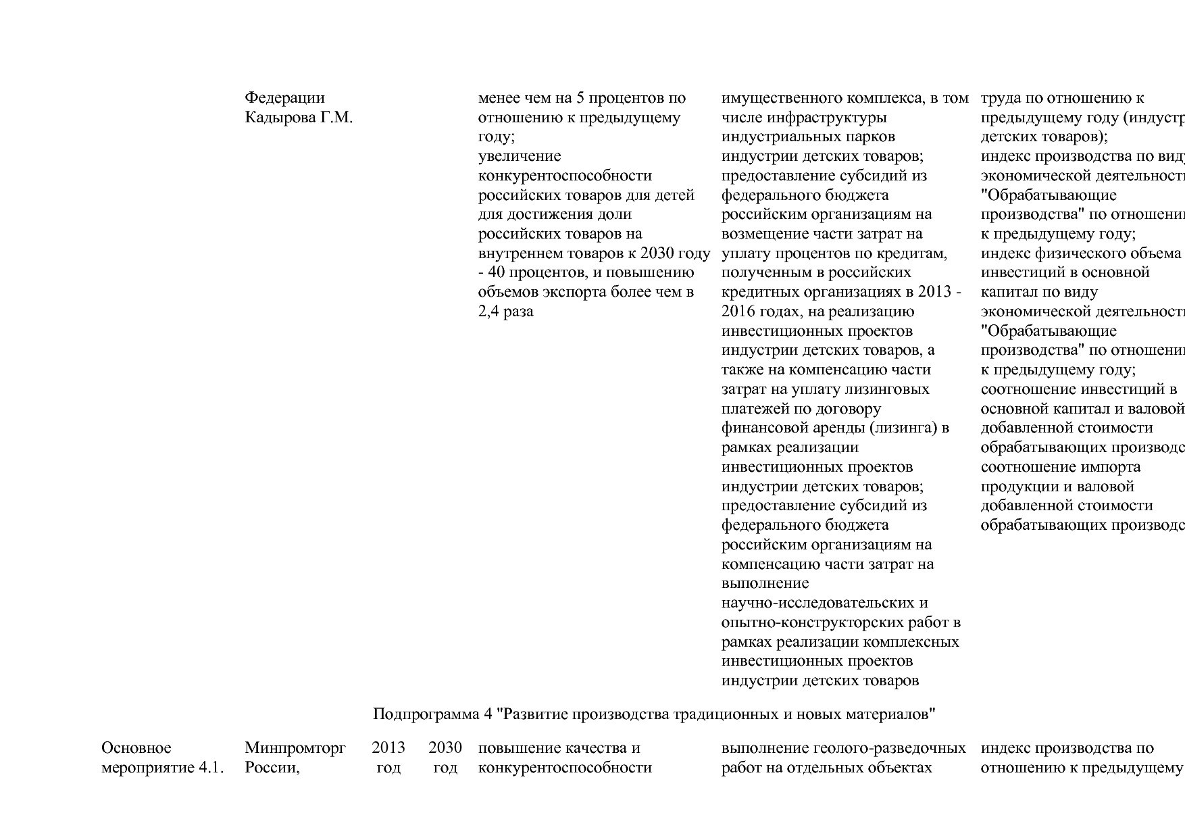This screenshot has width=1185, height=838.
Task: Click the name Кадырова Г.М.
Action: (x=299, y=118)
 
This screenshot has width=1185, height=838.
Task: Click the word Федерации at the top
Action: (x=284, y=98)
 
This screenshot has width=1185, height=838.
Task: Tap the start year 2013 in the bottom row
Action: (x=388, y=748)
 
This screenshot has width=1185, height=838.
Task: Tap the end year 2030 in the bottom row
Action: (x=445, y=748)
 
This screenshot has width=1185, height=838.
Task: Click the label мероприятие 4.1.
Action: (x=162, y=768)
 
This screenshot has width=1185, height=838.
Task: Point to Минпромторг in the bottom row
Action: (x=295, y=748)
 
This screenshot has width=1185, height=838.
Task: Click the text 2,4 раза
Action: (x=505, y=312)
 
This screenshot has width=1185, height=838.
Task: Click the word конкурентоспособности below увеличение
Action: (x=565, y=176)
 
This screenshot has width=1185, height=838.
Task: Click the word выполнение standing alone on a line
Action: (x=765, y=583)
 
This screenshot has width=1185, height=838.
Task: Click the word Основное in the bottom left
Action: (x=136, y=748)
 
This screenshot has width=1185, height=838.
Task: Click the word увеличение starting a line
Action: (x=520, y=156)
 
